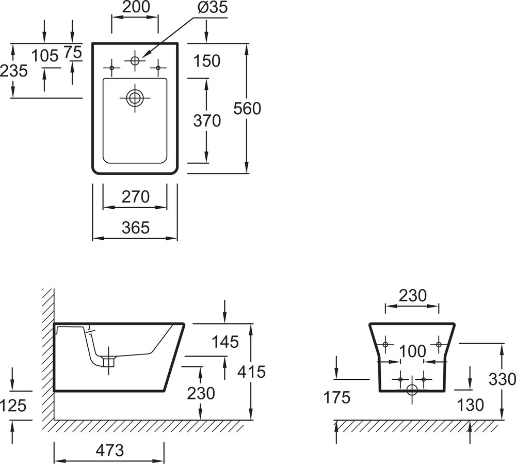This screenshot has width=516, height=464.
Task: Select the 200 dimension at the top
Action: (137, 7)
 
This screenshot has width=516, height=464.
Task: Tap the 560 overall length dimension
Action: (248, 109)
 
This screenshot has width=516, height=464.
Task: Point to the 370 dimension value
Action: (206, 120)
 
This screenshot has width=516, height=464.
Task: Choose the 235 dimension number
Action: (13, 70)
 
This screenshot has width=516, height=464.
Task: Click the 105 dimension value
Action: (45, 55)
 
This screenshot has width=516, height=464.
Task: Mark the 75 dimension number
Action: (73, 52)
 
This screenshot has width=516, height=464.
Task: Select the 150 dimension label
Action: (206, 61)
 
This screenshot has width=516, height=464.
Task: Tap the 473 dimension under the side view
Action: (109, 450)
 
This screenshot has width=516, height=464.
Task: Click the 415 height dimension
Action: (251, 371)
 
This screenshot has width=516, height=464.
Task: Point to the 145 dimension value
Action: (225, 342)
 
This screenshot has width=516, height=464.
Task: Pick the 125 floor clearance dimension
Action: (13, 406)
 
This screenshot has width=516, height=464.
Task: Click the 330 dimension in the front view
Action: (503, 379)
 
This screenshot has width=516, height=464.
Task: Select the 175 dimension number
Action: (336, 397)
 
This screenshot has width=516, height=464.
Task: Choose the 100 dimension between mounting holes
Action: (412, 351)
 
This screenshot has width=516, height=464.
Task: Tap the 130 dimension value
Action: (471, 405)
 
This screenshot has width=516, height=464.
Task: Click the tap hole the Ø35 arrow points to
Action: (135, 60)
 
